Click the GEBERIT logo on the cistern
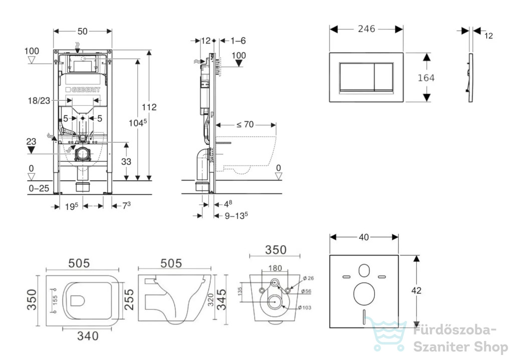[83, 90]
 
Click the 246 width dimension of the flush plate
[366, 29]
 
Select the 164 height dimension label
[426, 78]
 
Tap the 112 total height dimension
[149, 107]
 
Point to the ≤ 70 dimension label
[245, 125]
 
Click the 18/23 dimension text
[39, 101]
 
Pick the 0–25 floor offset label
[39, 188]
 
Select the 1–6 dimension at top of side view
[238, 41]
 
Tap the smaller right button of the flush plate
[383, 77]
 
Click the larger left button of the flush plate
[357, 77]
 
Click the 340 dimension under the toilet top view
[88, 336]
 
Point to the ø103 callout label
[305, 307]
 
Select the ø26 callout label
[308, 278]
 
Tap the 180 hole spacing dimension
[275, 268]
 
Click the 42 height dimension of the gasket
[416, 290]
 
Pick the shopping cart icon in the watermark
[387, 333]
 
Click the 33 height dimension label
[126, 162]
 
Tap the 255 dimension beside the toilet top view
[129, 299]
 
